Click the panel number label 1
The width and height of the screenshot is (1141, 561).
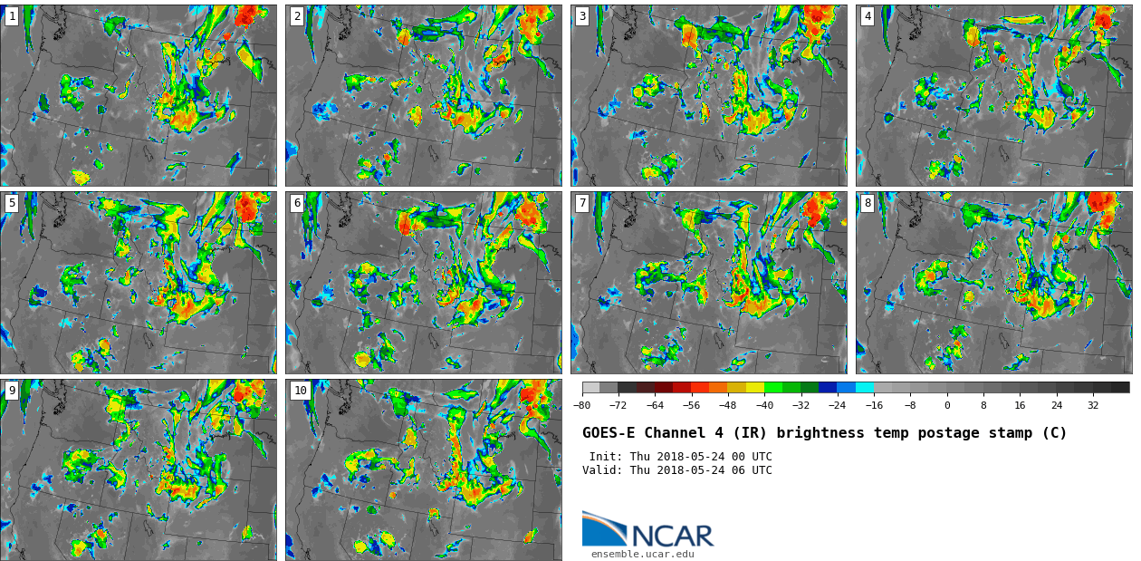pos(12,16)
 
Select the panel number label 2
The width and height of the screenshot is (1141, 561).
pos(297,16)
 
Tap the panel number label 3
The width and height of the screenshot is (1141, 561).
pos(582,16)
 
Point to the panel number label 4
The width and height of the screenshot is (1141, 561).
pos(868,16)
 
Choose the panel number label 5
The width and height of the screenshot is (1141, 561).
pos(12,203)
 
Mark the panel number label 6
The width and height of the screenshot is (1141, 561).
pos(297,203)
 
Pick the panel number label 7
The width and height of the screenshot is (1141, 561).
pos(582,203)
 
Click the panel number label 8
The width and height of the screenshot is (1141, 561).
pos(868,203)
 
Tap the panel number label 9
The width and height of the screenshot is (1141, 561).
pos(12,391)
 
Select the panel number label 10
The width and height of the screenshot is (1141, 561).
pos(300,391)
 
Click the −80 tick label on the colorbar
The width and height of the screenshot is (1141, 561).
pos(582,405)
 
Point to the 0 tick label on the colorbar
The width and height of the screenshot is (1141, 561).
pos(947,405)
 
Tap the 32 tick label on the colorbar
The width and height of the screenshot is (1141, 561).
pos(1093,405)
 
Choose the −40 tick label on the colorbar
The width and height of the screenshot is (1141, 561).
pos(764,405)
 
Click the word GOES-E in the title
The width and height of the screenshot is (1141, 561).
pos(609,433)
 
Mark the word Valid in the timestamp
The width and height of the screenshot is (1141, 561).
pos(600,470)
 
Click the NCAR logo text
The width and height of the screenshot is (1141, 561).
pos(672,536)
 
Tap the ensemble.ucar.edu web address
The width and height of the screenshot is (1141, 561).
pos(642,554)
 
